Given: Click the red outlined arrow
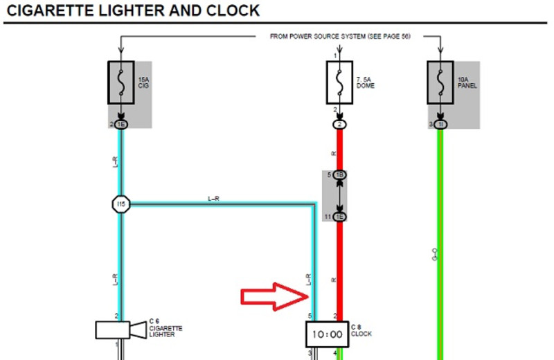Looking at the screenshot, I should click(x=274, y=296).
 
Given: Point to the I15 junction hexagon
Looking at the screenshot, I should click(x=121, y=204).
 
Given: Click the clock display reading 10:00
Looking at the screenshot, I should click(x=328, y=334).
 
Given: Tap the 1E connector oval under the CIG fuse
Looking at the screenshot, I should click(x=121, y=125).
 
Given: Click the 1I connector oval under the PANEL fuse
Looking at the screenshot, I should click(x=440, y=125).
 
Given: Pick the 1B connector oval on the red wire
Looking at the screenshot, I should click(x=339, y=175).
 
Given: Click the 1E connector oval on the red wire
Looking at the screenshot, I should click(x=339, y=217).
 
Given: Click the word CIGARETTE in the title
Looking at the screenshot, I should click(x=53, y=10).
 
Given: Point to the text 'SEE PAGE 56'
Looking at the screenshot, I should click(x=385, y=36).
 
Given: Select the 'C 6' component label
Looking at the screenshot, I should click(x=154, y=321).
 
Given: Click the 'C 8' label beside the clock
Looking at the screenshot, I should click(x=357, y=327).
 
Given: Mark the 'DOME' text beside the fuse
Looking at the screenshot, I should click(x=365, y=87).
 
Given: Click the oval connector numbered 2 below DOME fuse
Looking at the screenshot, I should click(x=339, y=125).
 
